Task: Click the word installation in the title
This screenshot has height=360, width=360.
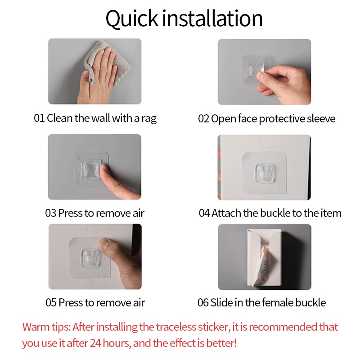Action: tap(212, 18)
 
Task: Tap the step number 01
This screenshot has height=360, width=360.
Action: tap(39, 118)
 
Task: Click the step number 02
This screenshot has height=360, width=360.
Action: tap(204, 119)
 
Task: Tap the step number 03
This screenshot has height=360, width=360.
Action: tap(50, 213)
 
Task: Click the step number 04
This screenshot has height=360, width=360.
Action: tap(204, 213)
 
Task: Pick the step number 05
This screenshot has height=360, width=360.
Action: tap(51, 302)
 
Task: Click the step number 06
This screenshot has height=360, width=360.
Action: tap(203, 302)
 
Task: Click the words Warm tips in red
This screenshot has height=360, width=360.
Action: tap(46, 328)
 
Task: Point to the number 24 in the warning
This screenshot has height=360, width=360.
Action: tap(95, 343)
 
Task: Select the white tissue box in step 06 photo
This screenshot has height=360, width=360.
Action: tap(264, 256)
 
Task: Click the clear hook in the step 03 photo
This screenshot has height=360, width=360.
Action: tap(92, 170)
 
